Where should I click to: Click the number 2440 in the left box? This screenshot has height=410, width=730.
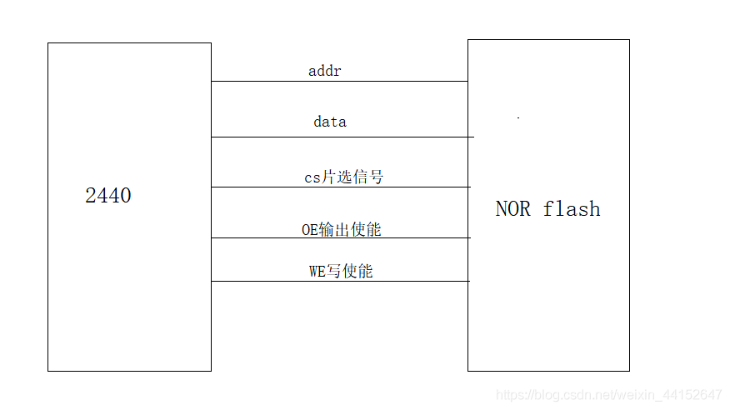(108, 196)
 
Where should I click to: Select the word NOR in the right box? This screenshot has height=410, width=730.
(512, 208)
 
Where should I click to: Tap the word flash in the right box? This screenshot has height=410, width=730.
(572, 208)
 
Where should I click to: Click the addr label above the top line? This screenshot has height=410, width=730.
(325, 71)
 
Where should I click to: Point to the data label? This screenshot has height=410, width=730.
(330, 122)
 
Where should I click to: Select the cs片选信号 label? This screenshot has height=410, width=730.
(343, 177)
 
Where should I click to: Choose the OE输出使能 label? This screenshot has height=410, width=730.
(341, 229)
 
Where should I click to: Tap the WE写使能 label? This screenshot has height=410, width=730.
(340, 271)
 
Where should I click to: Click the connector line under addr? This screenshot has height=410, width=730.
(339, 82)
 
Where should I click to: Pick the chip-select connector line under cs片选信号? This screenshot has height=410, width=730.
(340, 187)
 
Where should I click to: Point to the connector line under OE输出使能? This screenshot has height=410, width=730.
(340, 238)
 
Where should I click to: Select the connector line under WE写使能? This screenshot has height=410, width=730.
(340, 282)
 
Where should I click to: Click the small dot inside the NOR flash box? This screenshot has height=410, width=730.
(518, 118)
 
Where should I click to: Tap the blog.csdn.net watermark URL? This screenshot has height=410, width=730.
(608, 394)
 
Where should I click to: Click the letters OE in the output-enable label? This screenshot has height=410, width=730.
(309, 229)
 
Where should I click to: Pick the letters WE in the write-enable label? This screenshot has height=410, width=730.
(317, 271)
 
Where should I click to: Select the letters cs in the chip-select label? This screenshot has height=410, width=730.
(311, 177)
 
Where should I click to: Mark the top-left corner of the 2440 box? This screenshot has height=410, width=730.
(48, 43)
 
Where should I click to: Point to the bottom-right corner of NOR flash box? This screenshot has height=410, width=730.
(629, 371)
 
